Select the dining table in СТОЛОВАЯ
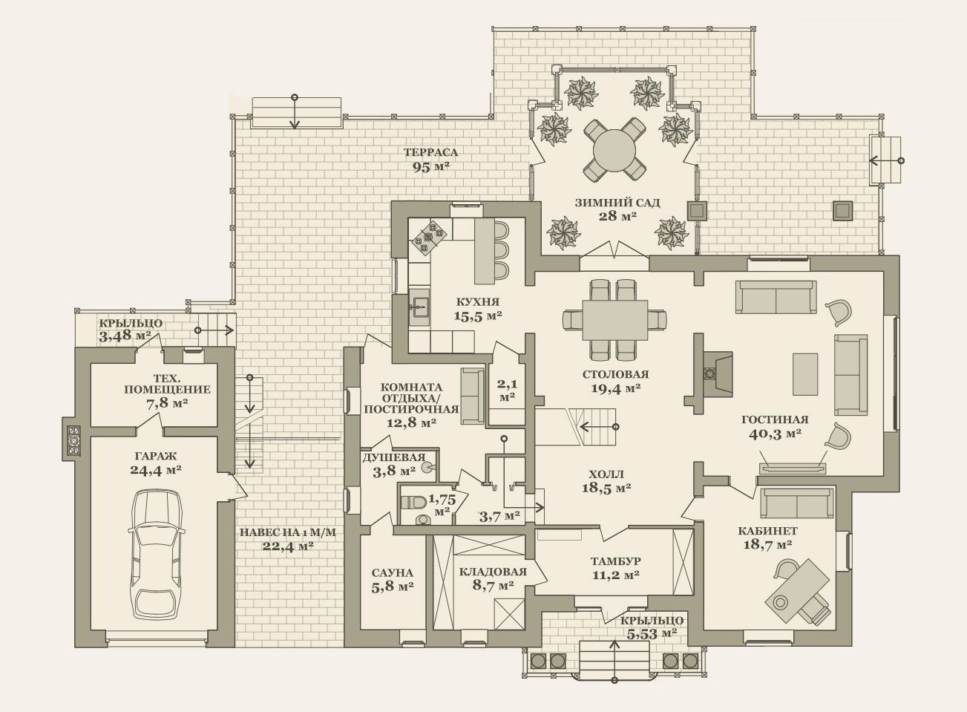[x=614, y=320]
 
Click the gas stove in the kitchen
[x=428, y=237]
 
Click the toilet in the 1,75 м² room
[x=413, y=502]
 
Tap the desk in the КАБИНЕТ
[x=797, y=589]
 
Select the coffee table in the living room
[x=805, y=374]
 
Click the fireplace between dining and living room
[x=715, y=373]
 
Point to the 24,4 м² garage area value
[x=155, y=470]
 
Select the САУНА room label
[x=393, y=573]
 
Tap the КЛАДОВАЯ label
[x=493, y=572]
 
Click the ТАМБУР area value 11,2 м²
[x=616, y=575]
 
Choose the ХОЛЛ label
[x=606, y=474]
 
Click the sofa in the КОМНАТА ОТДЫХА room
[x=472, y=396]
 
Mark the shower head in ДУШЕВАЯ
[x=427, y=467]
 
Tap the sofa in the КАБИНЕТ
[x=796, y=503]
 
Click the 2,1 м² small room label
[x=507, y=390]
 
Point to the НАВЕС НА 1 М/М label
[x=287, y=532]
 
